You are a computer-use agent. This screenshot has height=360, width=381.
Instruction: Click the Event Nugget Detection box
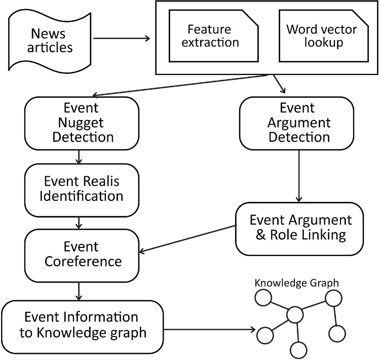click(x=82, y=123)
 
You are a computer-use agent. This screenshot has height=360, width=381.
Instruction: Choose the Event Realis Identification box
click(x=82, y=188)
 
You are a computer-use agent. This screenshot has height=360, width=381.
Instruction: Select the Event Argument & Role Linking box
click(x=300, y=228)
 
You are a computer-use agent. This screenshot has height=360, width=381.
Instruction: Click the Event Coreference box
click(x=82, y=255)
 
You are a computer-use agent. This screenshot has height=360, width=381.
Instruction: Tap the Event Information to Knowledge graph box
click(x=82, y=325)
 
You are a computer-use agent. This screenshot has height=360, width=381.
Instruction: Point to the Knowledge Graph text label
click(x=296, y=282)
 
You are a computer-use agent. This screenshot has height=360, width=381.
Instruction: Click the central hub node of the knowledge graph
click(x=295, y=315)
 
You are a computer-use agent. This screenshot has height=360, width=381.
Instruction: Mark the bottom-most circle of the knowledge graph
click(x=299, y=349)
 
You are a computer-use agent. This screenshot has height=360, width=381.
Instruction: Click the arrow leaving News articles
click(x=122, y=38)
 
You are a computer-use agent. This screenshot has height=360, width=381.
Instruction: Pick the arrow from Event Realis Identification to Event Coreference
click(x=79, y=222)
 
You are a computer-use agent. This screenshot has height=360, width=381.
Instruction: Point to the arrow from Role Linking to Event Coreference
click(x=187, y=238)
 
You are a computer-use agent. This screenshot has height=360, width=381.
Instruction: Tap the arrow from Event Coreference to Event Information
click(x=79, y=291)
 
